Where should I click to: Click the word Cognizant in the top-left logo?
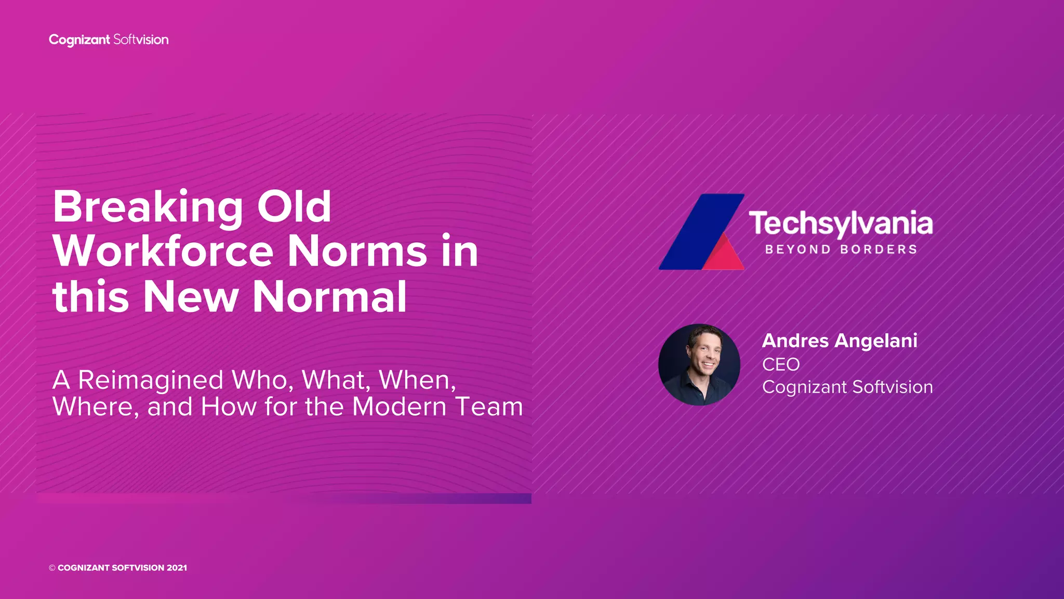(x=79, y=40)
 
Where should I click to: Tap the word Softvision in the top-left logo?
(x=141, y=40)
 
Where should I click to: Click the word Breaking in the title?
(x=148, y=207)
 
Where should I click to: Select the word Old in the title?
(x=294, y=206)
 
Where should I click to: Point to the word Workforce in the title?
(x=163, y=252)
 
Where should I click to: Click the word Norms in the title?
(x=357, y=252)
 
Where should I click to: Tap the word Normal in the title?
(x=329, y=297)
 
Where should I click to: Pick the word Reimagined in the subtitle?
(x=151, y=381)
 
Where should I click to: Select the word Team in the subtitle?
(x=489, y=407)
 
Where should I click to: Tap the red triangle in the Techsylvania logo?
(x=725, y=256)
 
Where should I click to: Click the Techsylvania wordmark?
(x=840, y=224)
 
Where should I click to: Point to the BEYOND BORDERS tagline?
(x=841, y=250)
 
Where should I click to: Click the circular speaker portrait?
(x=699, y=364)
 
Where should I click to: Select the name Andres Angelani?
(x=839, y=341)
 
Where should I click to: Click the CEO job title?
(x=780, y=364)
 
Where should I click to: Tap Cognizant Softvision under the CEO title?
(x=847, y=387)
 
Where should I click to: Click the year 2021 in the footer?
(x=177, y=568)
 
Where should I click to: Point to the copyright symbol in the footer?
(x=52, y=568)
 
